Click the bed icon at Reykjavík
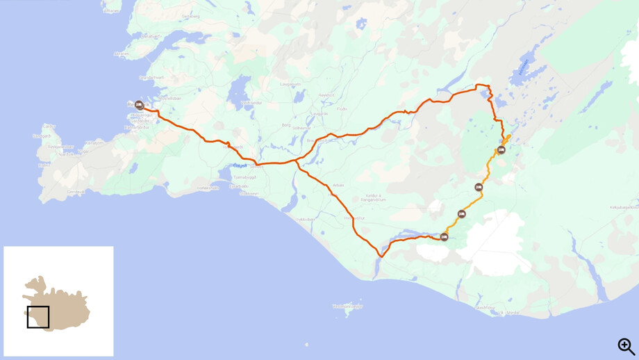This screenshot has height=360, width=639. pyautogui.click(x=139, y=106)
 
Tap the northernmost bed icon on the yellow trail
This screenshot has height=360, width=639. pyautogui.click(x=501, y=150)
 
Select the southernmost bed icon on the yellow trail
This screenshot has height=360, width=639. pyautogui.click(x=444, y=238)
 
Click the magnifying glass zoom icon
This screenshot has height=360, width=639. pyautogui.click(x=626, y=346)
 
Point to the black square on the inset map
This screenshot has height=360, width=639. pyautogui.click(x=38, y=317)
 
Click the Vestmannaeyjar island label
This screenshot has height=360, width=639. pyautogui.click(x=347, y=306)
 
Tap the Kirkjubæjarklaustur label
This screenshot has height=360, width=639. pyautogui.click(x=624, y=207)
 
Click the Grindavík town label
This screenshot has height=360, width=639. pyautogui.click(x=75, y=191)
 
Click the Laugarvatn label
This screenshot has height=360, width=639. pyautogui.click(x=290, y=85)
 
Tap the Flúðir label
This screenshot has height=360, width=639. pyautogui.click(x=341, y=108)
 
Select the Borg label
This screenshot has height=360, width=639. pyautogui.click(x=286, y=125)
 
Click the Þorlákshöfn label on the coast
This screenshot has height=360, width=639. pyautogui.click(x=208, y=188)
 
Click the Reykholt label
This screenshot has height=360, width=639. pyautogui.click(x=326, y=95)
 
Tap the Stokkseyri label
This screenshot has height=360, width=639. pyautogui.click(x=248, y=193)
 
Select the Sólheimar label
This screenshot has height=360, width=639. pyautogui.click(x=301, y=128)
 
